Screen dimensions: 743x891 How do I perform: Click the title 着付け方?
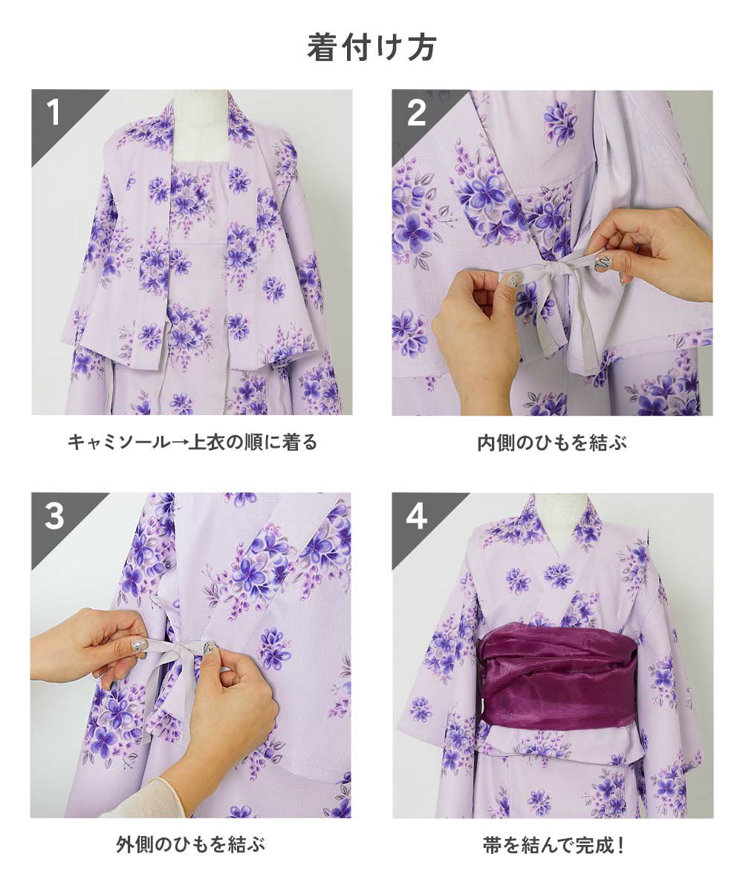point(371,48)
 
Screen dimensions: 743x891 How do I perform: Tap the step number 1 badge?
point(53,113)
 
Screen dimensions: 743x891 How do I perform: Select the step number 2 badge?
point(416,113)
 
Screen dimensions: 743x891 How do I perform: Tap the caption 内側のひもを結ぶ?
point(552,443)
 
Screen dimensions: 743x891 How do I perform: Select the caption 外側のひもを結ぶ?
point(191,844)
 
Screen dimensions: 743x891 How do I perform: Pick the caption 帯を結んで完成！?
point(554,844)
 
